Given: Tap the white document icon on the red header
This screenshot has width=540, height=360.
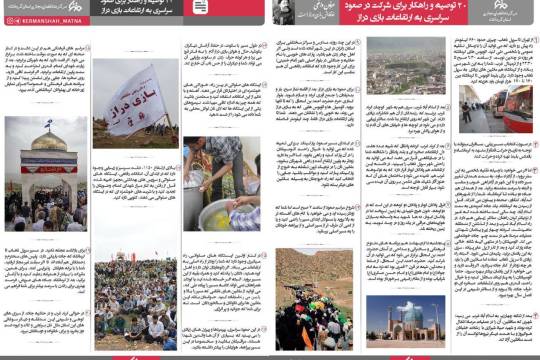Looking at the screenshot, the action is tap(201, 8).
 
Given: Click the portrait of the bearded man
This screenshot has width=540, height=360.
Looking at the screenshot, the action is tap(287, 11).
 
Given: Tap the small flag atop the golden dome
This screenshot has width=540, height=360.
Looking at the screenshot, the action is tap(46, 125).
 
